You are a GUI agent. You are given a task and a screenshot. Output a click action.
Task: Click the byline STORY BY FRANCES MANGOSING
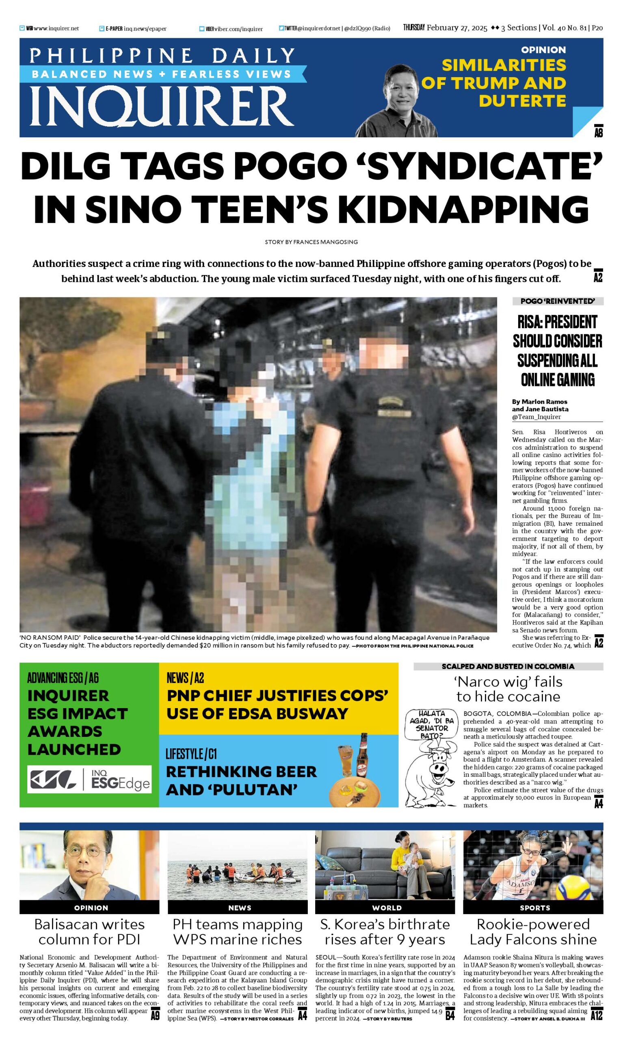[311, 242]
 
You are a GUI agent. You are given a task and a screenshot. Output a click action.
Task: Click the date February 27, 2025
[457, 28]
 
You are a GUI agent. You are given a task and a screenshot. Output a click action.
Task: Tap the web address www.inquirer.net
[56, 28]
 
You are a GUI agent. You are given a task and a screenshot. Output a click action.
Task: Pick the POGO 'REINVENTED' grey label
[558, 301]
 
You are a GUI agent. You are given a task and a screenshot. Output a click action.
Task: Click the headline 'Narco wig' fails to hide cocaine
[508, 689]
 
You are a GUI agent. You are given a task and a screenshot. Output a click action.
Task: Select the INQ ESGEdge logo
[89, 779]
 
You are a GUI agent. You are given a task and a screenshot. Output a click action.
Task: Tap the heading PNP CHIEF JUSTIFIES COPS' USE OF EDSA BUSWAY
[277, 704]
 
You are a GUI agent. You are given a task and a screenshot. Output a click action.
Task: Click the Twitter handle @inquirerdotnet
[319, 28]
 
